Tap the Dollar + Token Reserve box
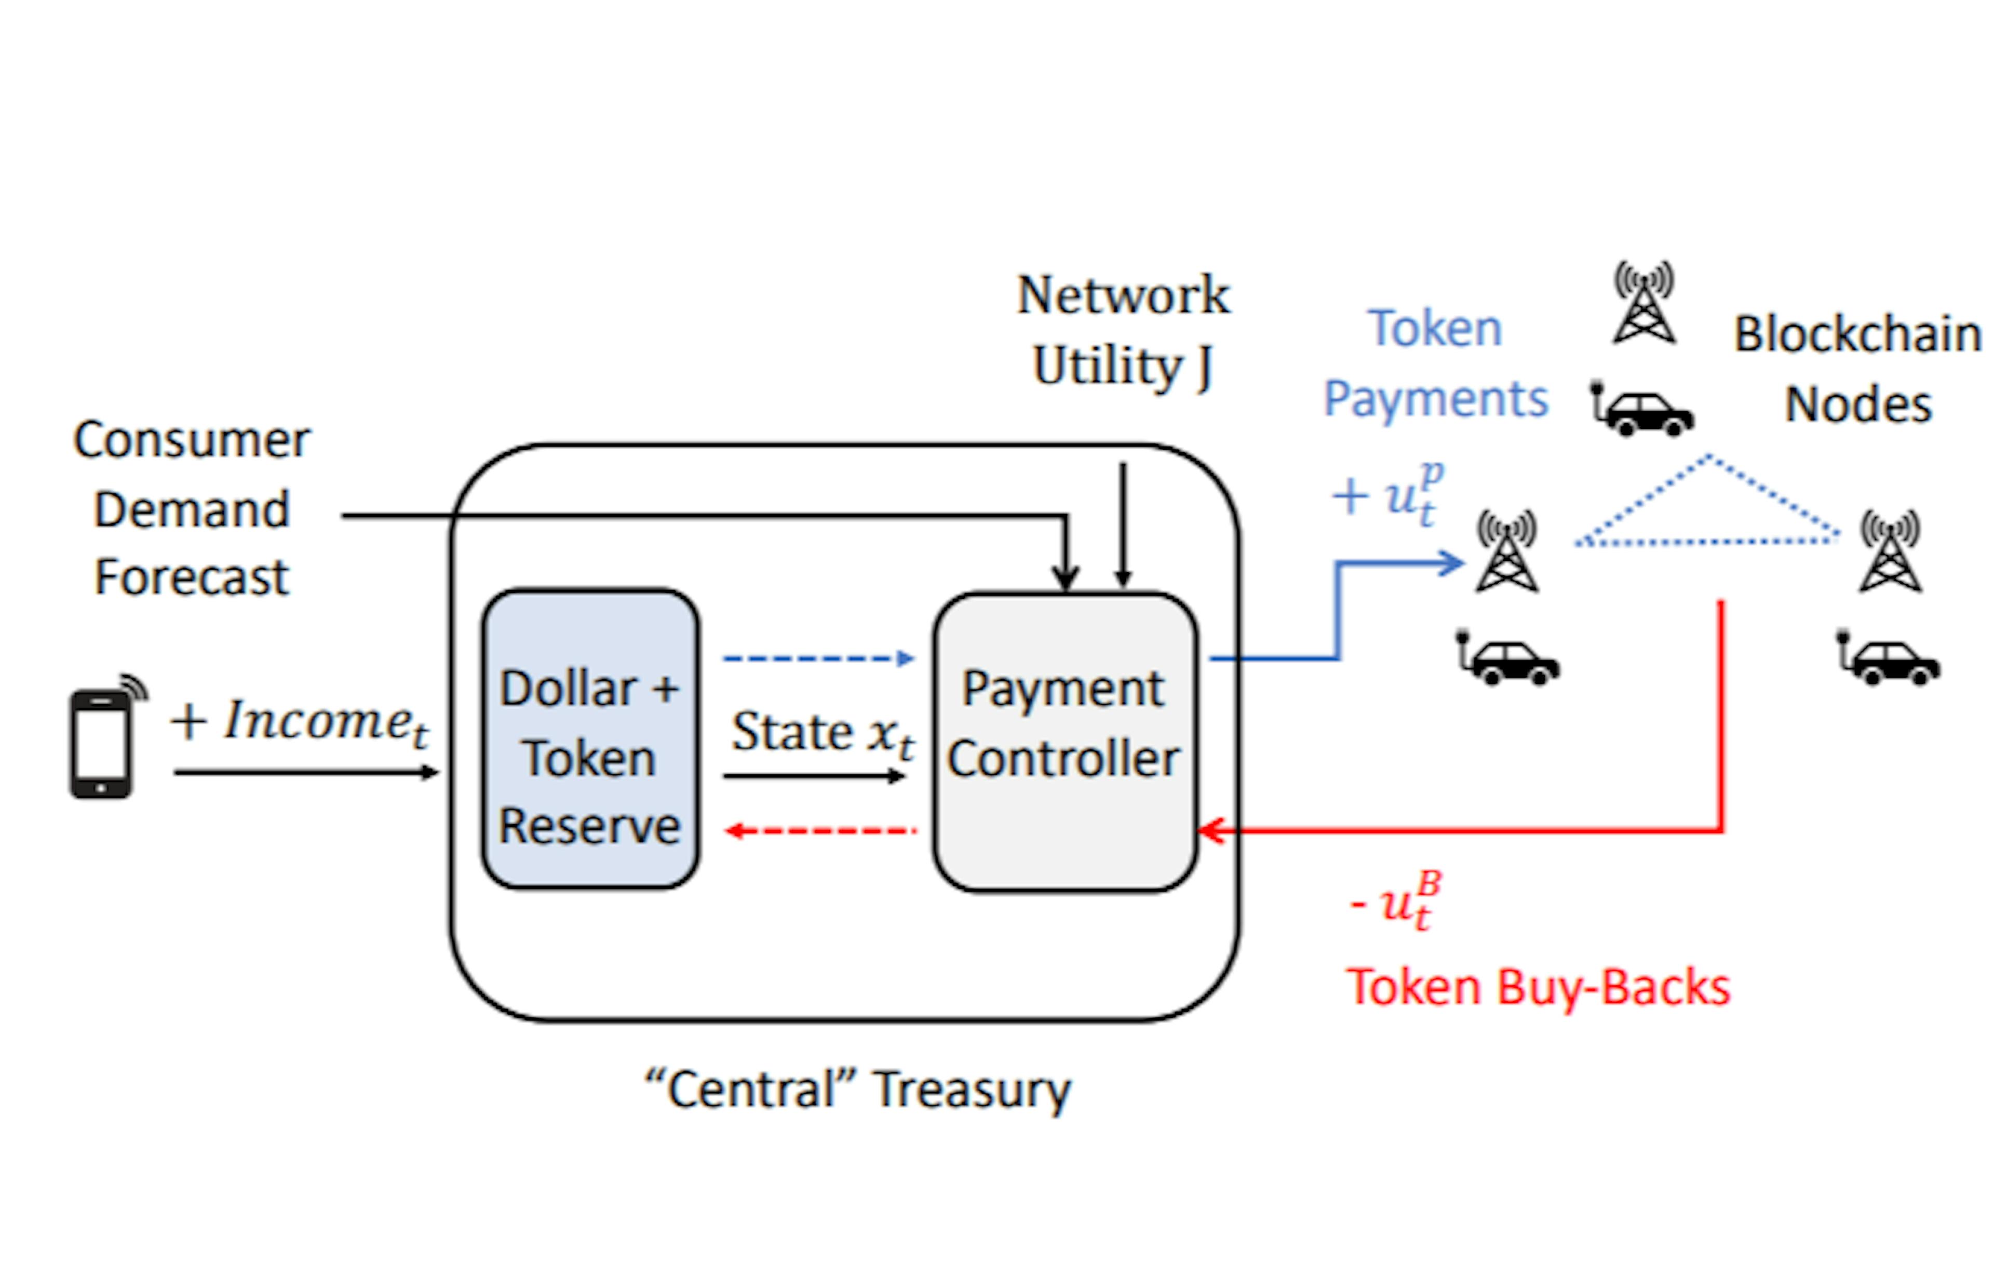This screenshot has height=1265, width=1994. click(589, 739)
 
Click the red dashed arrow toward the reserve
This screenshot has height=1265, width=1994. click(820, 830)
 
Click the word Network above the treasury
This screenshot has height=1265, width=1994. click(1123, 295)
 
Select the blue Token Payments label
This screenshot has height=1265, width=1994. click(1435, 364)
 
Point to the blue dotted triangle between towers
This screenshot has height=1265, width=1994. click(1707, 513)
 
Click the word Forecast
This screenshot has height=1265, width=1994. click(191, 577)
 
